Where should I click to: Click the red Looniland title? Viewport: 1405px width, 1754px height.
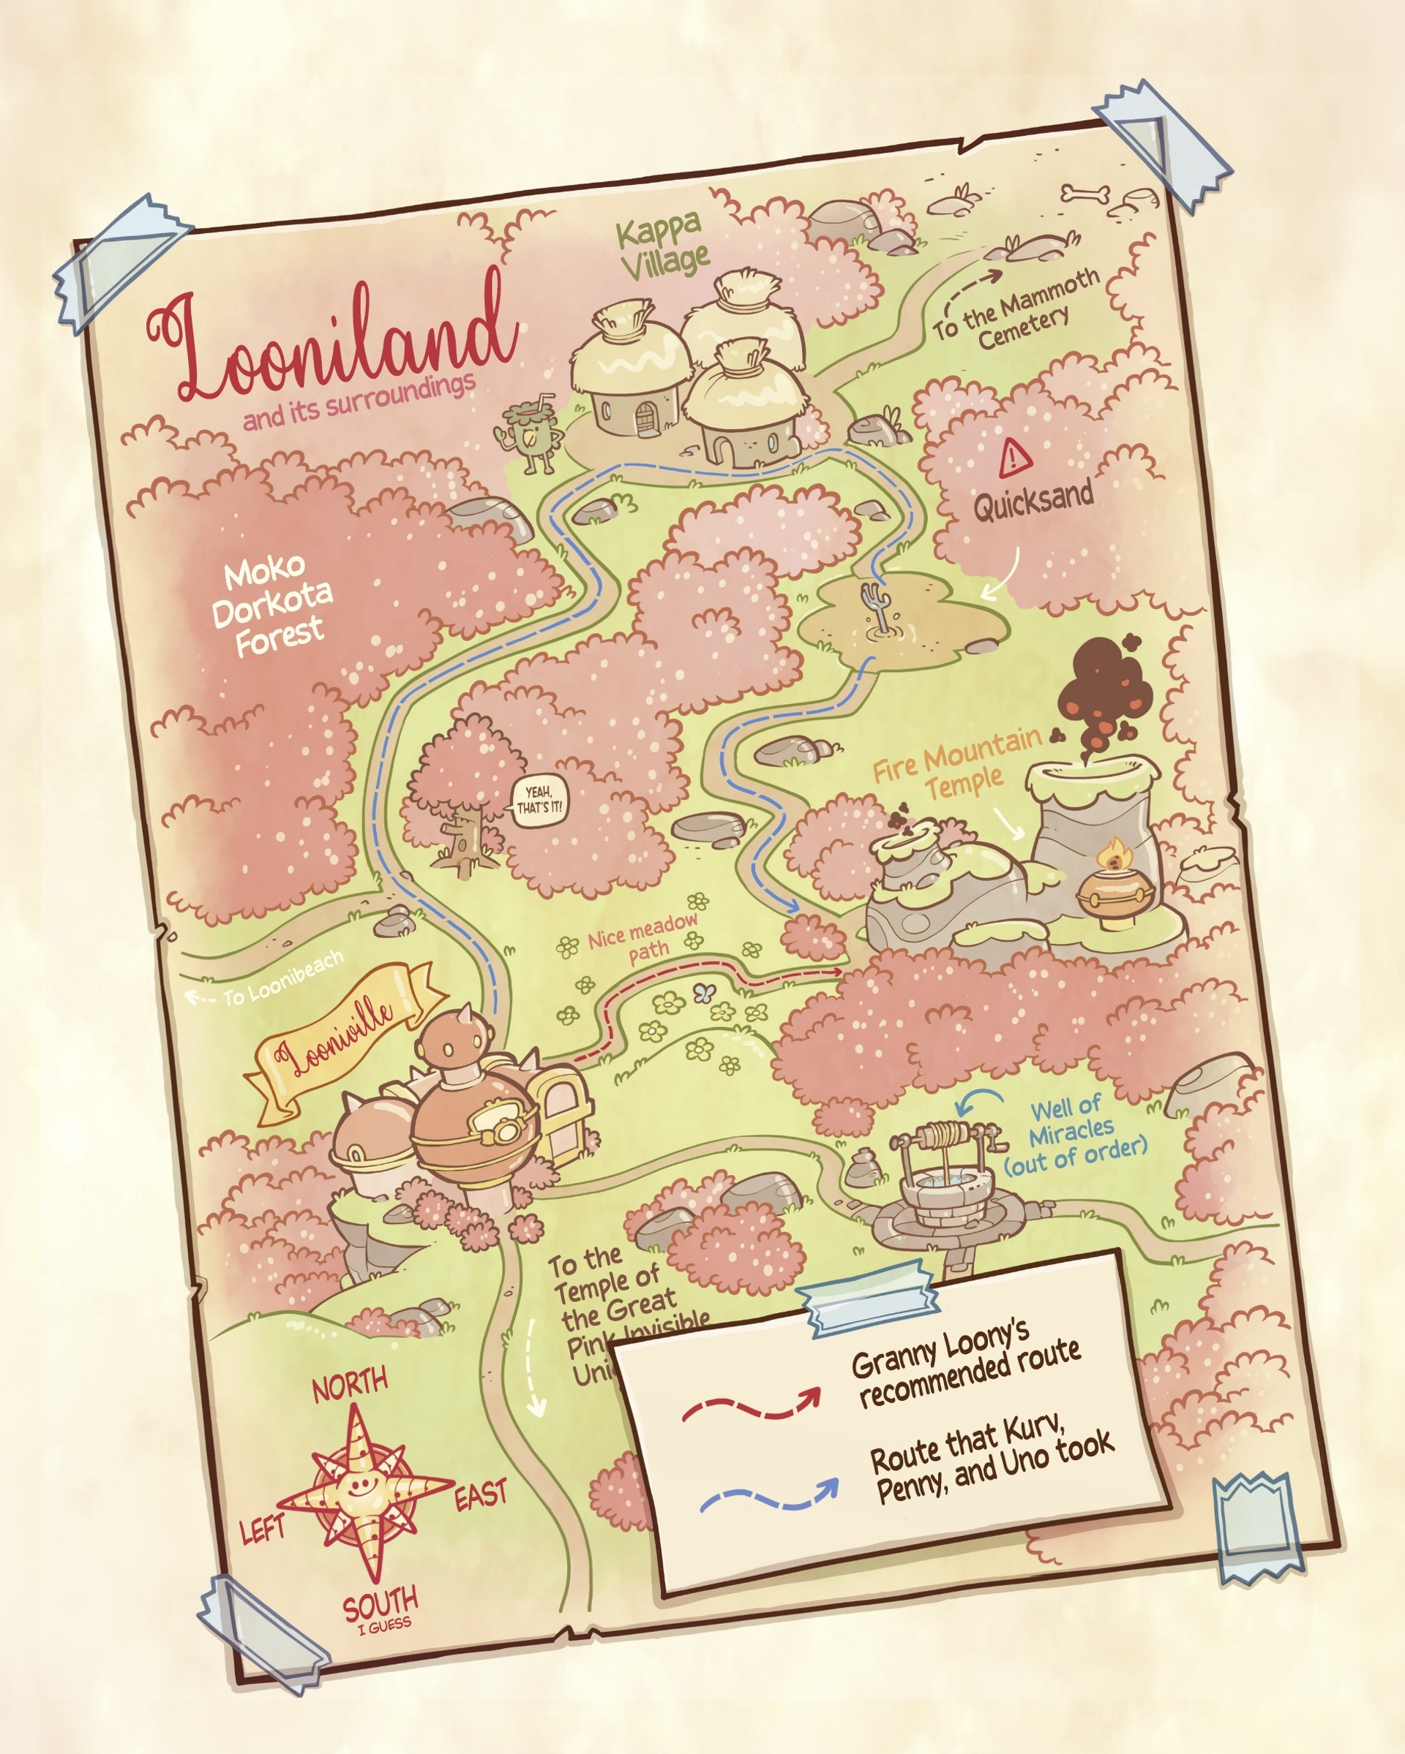[334, 341]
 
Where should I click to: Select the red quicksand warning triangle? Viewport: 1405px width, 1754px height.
[1015, 458]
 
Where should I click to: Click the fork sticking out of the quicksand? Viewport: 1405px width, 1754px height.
[874, 604]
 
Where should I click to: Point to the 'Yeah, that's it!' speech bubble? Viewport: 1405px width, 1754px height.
[538, 801]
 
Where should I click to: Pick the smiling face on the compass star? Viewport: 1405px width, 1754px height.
[357, 1486]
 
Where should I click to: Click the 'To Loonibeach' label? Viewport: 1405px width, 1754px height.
[282, 977]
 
